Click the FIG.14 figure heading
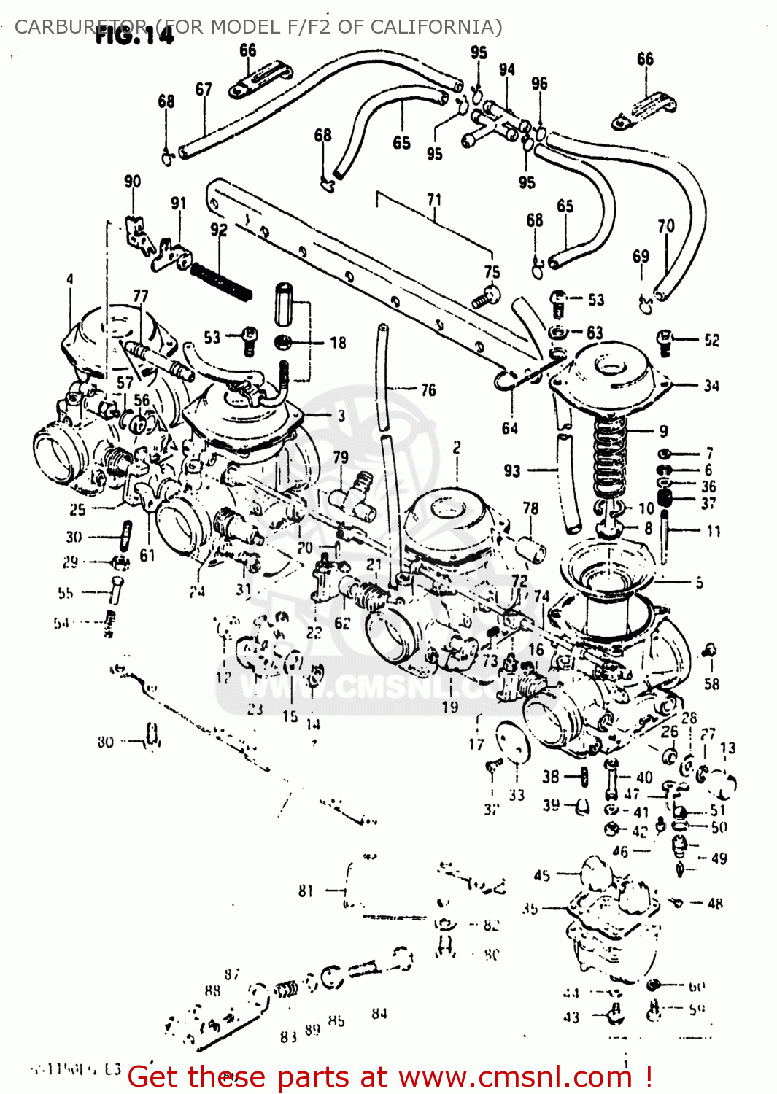135,34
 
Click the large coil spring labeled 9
610,459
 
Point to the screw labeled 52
665,341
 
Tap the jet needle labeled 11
665,536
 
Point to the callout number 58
711,683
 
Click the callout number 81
306,891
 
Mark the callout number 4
70,279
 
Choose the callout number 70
665,226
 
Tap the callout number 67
204,89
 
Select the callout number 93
512,471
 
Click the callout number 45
542,875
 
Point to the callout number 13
727,748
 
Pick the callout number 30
74,537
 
